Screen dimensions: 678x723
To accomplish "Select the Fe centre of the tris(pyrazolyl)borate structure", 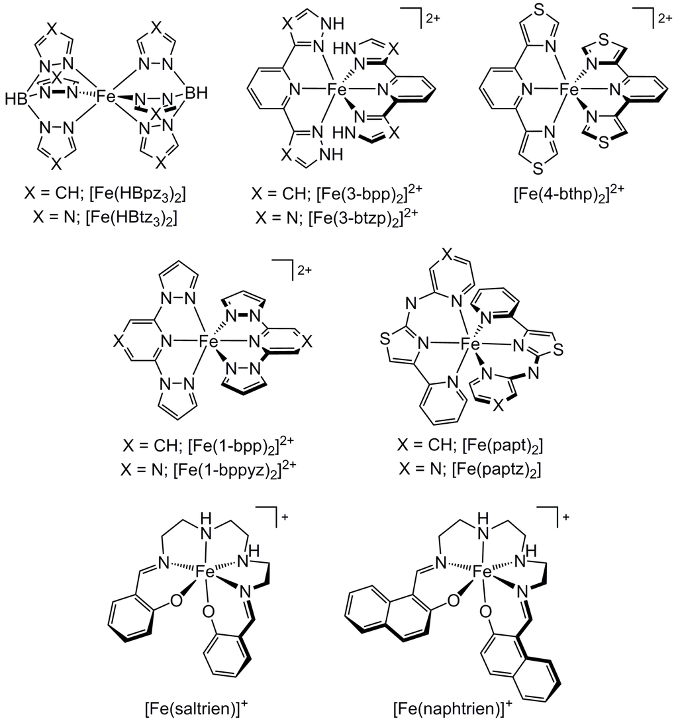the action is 108,97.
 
